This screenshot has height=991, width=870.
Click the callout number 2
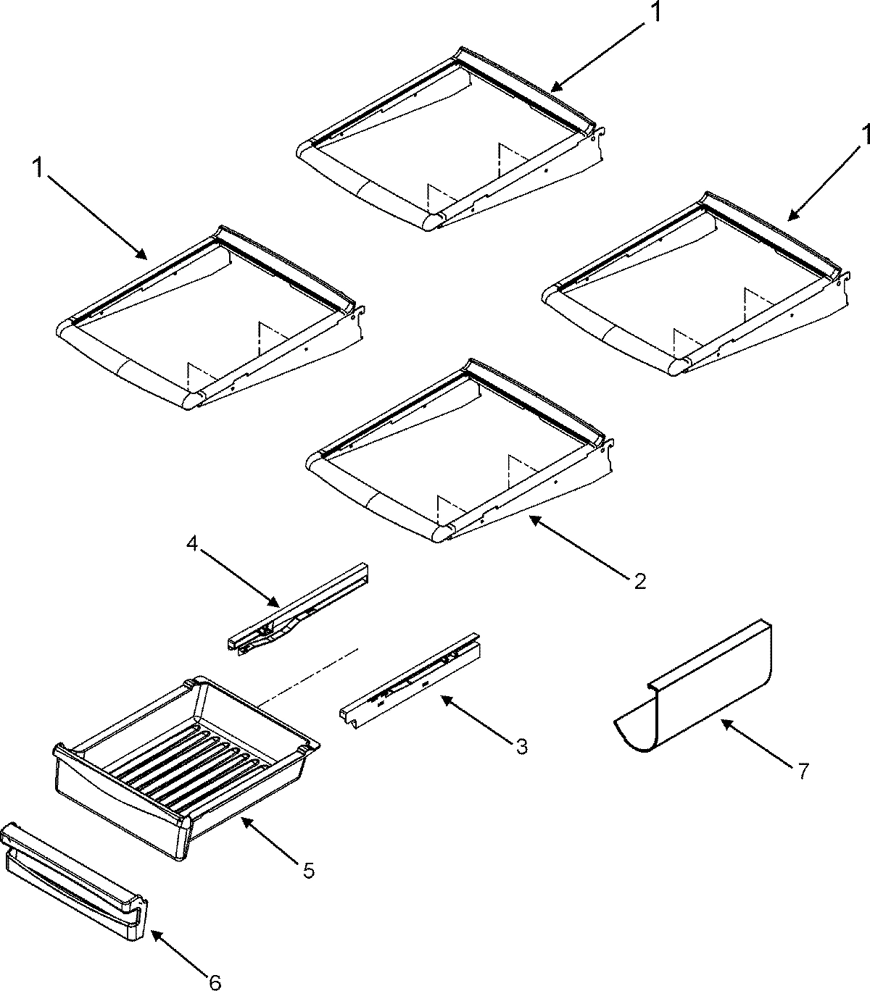click(x=639, y=581)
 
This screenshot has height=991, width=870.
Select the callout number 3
click(x=521, y=745)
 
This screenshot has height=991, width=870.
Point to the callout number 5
click(x=308, y=870)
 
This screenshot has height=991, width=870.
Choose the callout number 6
click(x=213, y=982)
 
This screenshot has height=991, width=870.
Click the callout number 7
click(x=802, y=772)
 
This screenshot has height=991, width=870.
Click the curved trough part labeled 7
click(x=710, y=695)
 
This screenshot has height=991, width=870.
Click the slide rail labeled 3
click(x=410, y=677)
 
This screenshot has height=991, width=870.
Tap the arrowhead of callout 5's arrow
click(x=242, y=819)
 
